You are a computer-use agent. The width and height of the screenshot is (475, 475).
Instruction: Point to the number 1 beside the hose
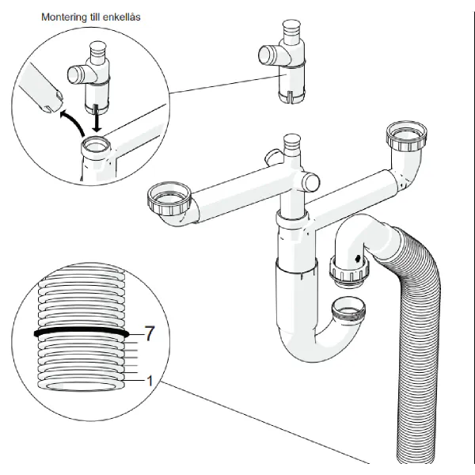coord(149,381)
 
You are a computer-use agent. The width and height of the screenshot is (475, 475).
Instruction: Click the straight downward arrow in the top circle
coord(97,120)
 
